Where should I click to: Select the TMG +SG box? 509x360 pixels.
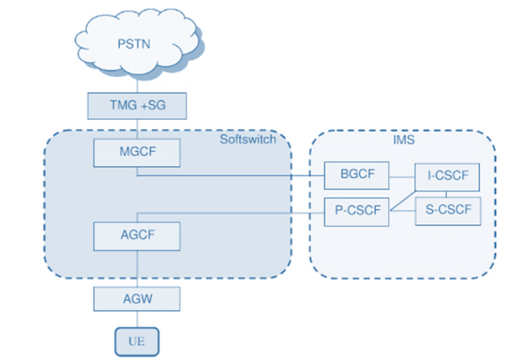(x=136, y=106)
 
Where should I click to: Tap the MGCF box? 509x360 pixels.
(x=136, y=153)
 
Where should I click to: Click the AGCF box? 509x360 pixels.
(x=136, y=235)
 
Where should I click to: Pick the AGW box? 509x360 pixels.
(x=136, y=298)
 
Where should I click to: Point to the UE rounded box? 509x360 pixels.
(x=136, y=341)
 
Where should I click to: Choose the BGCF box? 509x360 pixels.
(x=356, y=175)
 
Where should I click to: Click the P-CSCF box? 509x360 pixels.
(x=357, y=211)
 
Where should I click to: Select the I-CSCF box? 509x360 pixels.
(x=446, y=176)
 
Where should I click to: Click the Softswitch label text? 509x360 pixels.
(x=248, y=140)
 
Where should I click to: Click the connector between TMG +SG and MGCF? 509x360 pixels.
(x=136, y=129)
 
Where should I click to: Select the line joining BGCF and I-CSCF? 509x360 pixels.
(x=402, y=176)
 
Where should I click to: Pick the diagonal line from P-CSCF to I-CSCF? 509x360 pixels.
(x=403, y=200)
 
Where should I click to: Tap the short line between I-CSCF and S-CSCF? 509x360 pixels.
(x=446, y=194)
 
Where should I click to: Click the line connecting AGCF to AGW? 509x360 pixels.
(x=136, y=269)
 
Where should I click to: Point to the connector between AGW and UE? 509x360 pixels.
(x=136, y=319)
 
